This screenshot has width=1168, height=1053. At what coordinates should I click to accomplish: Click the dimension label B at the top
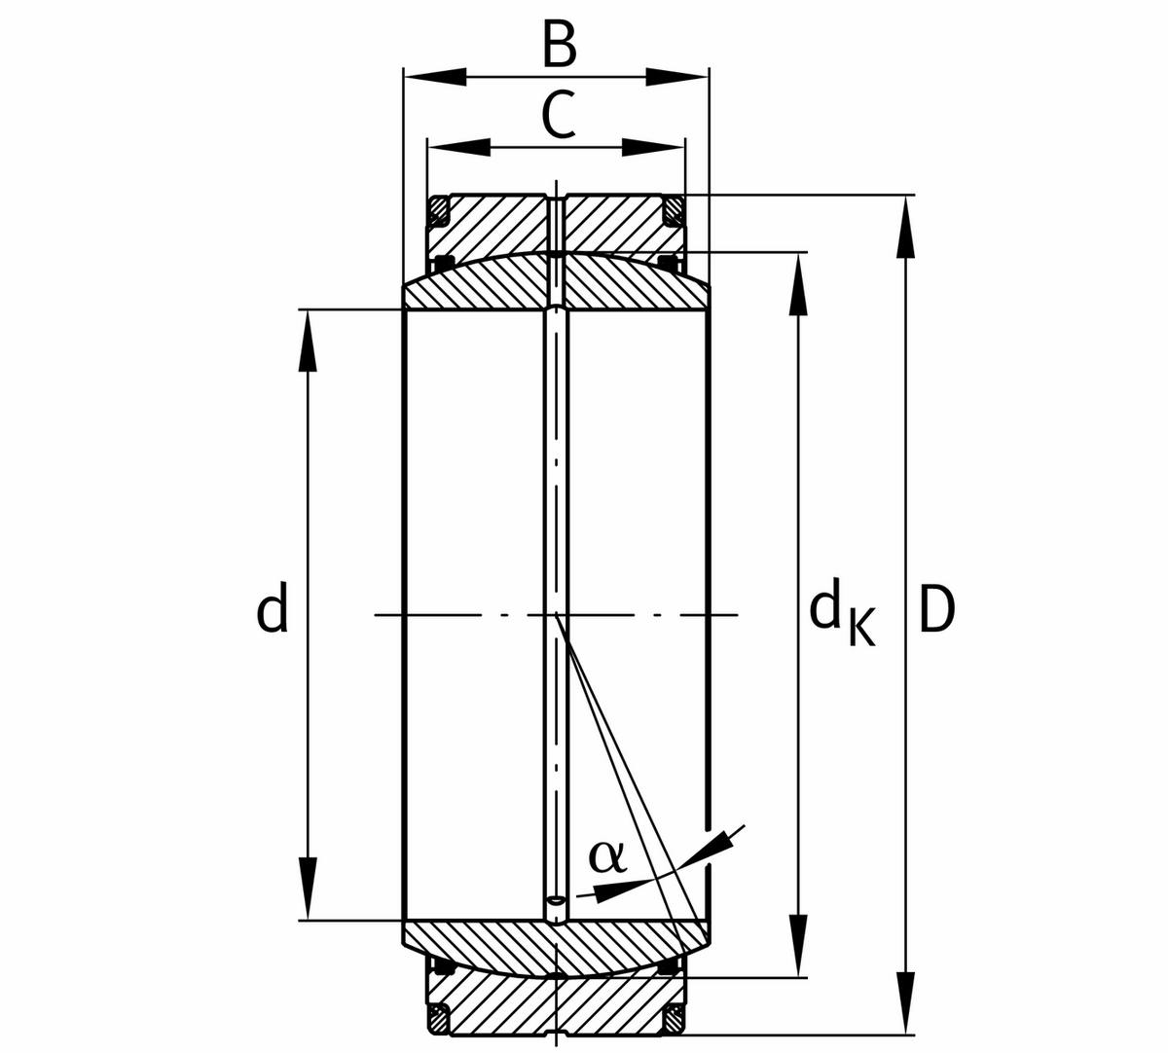point(559,45)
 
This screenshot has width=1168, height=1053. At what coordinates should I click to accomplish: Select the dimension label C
point(558,116)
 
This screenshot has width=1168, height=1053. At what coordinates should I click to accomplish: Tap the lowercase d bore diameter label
point(272,609)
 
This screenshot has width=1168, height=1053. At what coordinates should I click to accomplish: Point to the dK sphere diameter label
point(841,615)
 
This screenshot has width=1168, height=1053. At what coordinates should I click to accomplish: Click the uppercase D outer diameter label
point(936,611)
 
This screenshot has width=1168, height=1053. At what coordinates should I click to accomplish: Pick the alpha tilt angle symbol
point(605,856)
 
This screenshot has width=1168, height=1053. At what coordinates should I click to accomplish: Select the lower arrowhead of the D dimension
point(906,1002)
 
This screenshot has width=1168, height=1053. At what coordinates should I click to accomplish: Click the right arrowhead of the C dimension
point(653,148)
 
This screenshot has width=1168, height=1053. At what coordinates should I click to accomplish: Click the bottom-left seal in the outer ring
point(439,1020)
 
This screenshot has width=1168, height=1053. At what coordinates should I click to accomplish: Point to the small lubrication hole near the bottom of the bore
point(555,901)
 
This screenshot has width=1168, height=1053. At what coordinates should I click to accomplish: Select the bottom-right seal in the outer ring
point(673,1020)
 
